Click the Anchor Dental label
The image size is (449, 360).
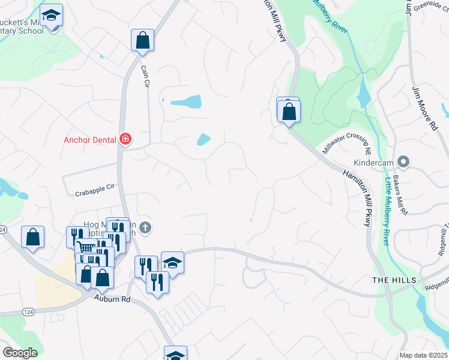[91, 140]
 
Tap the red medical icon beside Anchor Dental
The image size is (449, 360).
[125, 140]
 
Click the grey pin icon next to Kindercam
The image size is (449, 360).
[403, 161]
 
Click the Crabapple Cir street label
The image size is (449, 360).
[95, 190]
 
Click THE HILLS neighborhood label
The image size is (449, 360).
[390, 281]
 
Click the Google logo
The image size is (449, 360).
[20, 353]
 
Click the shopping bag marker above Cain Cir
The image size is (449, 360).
[143, 40]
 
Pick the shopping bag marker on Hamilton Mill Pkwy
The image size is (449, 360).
[289, 112]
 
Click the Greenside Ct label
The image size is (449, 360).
[429, 8]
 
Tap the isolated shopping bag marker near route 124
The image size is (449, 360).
[32, 236]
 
